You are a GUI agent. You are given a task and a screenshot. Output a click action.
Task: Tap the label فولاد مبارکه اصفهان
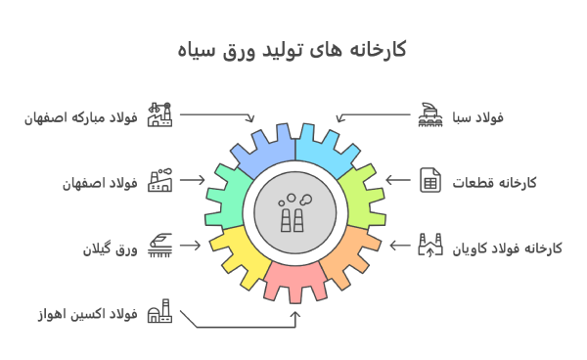82,117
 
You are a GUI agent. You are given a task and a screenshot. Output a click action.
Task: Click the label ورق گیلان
111,248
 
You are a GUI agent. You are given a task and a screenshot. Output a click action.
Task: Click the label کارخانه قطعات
493,183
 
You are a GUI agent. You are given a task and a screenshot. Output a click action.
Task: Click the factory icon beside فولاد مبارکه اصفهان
158,115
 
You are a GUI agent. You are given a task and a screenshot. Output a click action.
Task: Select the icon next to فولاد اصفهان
158,181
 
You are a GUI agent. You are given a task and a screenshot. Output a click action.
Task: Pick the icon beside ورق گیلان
158,246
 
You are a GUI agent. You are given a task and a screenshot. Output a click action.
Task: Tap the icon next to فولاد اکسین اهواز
158,312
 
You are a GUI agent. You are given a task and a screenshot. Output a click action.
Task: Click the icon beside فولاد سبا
429,115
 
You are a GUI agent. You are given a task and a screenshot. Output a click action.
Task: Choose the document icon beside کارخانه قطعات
429,181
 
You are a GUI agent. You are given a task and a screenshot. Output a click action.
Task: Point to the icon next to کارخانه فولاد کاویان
429,246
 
